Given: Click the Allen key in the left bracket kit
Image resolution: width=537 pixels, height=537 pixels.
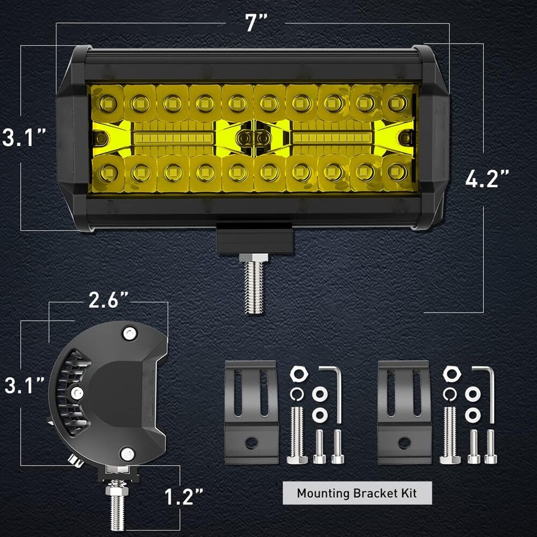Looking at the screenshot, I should pyautogui.click(x=335, y=392).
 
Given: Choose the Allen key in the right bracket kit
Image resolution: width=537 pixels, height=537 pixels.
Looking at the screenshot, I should pyautogui.click(x=487, y=392).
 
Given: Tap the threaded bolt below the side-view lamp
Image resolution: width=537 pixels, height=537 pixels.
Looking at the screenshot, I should pyautogui.click(x=116, y=506).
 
